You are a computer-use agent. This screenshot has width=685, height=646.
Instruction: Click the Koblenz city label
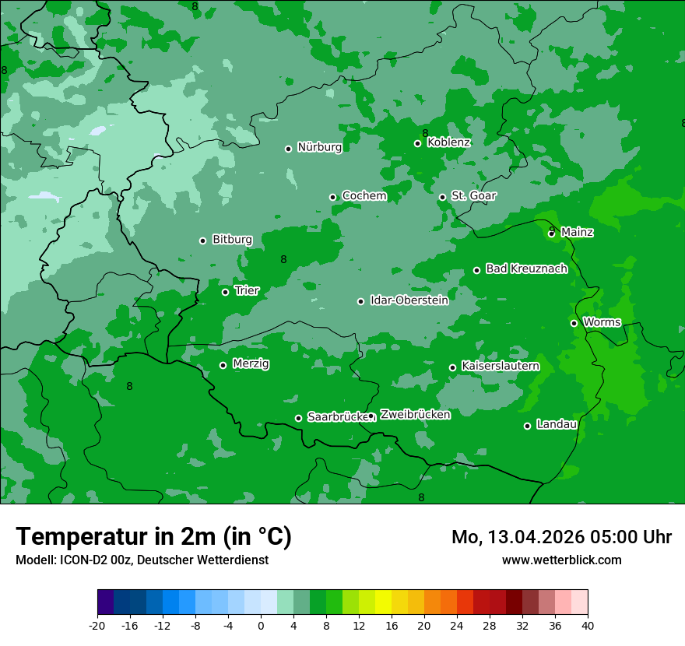tap(448, 142)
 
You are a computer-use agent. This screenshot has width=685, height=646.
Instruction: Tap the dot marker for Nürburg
tap(288, 149)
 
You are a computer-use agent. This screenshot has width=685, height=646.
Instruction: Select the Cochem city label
tap(364, 196)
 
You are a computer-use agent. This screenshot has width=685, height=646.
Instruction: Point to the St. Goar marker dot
tap(442, 197)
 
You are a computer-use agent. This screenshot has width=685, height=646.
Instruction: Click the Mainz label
tap(577, 232)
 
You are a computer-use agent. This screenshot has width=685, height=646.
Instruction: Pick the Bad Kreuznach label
tap(526, 269)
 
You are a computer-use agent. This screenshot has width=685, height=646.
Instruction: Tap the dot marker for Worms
tap(574, 323)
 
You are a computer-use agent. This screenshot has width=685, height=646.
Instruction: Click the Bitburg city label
tap(232, 240)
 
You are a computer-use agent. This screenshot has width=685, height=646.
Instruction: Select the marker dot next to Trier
tap(225, 292)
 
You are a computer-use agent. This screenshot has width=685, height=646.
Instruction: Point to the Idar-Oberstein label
tap(409, 300)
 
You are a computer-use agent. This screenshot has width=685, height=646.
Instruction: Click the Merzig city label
tap(251, 364)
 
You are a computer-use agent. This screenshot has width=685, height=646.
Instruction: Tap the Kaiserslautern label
tap(500, 366)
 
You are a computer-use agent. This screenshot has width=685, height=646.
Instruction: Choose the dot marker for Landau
tap(527, 426)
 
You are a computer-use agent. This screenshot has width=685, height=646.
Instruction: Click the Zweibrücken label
tap(415, 415)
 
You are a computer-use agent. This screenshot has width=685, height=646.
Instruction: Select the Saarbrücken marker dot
tap(298, 418)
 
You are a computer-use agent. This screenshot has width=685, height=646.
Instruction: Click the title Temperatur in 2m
tap(153, 536)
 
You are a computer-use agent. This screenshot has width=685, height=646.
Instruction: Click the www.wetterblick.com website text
tap(561, 560)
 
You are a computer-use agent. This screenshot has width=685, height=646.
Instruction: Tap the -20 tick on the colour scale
tap(97, 625)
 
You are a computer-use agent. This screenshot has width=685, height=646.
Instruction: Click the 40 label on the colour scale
tap(588, 625)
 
